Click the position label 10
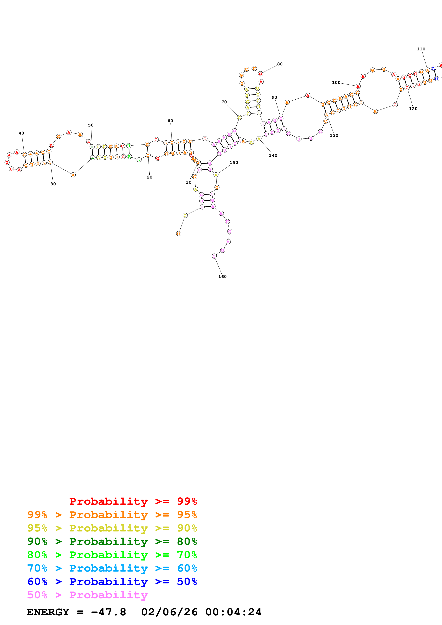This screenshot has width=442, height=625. tap(188, 182)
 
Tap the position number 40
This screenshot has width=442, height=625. tap(21, 133)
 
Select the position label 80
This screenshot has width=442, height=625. tap(280, 64)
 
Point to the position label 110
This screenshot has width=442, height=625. tap(421, 49)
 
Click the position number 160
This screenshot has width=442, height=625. tap(222, 277)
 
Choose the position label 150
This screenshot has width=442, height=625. tap(234, 162)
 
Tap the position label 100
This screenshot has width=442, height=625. tap(336, 82)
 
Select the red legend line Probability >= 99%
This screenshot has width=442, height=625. tap(133, 501)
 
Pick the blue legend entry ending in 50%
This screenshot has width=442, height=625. tap(112, 582)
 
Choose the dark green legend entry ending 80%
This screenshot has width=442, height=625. tap(112, 541)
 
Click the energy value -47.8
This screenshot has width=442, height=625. tap(108, 612)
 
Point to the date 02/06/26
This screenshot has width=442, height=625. tap(169, 612)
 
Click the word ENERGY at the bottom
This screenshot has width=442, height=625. tap(48, 612)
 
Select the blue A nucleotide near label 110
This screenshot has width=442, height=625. tap(433, 69)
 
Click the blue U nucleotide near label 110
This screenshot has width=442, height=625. tap(436, 79)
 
